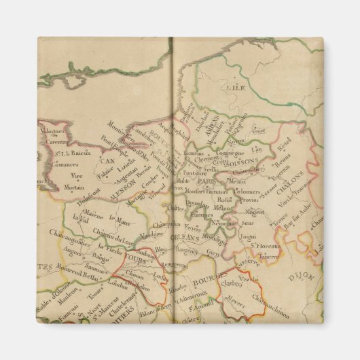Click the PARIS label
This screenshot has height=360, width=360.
coord(206,182)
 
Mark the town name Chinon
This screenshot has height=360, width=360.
coord(134,274)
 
